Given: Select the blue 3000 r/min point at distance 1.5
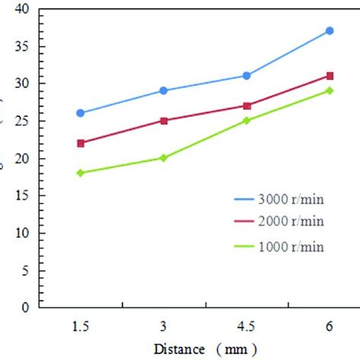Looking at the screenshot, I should [81, 113].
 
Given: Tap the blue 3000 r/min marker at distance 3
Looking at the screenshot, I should [163, 90].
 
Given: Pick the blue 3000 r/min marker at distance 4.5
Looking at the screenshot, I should [247, 75].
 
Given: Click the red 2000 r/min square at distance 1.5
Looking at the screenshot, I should [81, 143].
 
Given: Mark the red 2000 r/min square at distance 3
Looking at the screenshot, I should [163, 120].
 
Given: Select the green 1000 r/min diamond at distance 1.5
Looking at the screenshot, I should [81, 173].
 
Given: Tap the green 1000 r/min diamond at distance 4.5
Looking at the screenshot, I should [247, 120].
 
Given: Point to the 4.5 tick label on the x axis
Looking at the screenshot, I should [247, 325].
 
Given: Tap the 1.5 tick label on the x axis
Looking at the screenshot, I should [81, 325].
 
